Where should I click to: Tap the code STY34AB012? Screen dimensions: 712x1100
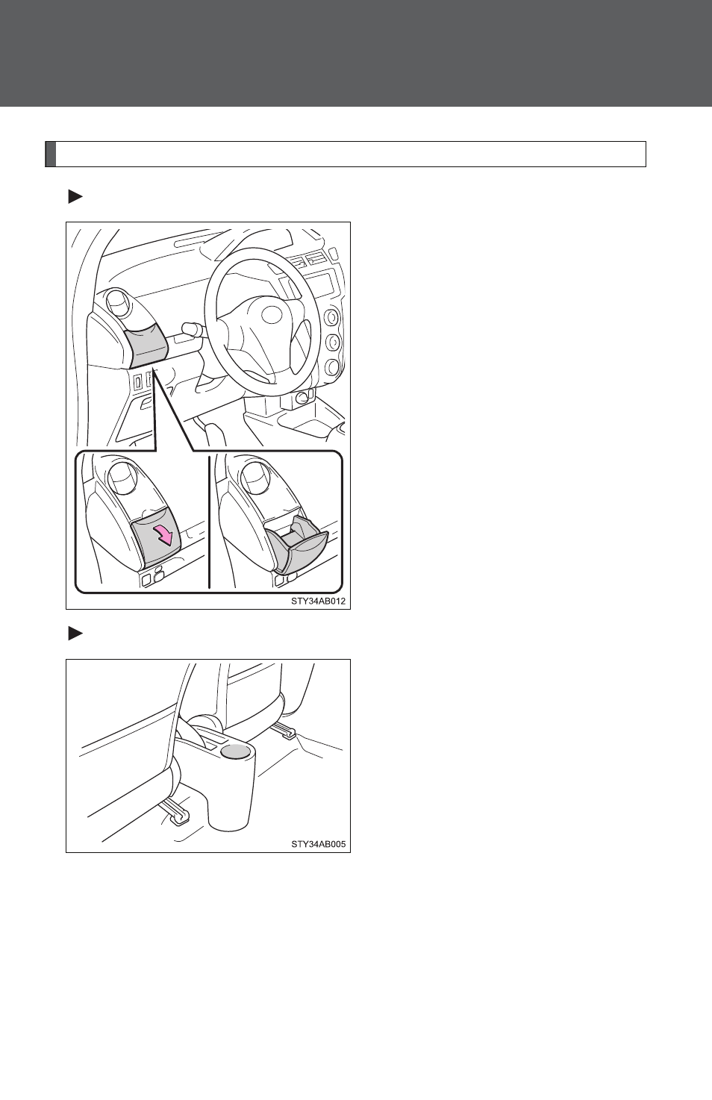click(318, 601)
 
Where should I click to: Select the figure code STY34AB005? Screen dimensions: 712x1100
click(318, 844)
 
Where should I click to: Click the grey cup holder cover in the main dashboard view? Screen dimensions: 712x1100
click(146, 347)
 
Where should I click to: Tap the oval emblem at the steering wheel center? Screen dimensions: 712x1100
click(271, 315)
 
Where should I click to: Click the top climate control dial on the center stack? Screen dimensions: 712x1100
click(331, 318)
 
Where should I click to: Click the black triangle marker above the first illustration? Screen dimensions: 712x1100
click(75, 198)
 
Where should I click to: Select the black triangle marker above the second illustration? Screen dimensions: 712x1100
click(75, 634)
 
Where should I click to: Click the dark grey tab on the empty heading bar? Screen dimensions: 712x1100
click(51, 154)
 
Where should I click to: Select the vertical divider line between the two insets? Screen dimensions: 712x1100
click(209, 522)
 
